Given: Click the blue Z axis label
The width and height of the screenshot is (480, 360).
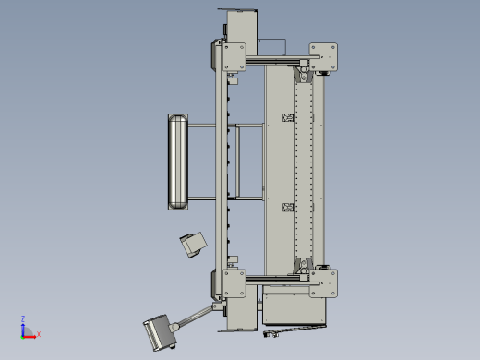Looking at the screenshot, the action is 23,318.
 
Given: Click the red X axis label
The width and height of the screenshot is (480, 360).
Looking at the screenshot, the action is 39,334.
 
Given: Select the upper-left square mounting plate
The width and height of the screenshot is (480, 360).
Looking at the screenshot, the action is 234,57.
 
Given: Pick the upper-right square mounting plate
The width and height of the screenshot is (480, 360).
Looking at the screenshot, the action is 323,57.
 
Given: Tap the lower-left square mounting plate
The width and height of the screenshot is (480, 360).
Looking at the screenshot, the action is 234,283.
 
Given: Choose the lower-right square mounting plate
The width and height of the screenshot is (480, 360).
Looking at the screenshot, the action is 323,283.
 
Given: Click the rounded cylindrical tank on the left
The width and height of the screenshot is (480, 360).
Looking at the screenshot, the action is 178,162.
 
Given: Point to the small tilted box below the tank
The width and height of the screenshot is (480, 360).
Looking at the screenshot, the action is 194,245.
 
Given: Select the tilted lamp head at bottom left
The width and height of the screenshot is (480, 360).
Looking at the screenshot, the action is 160,332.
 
